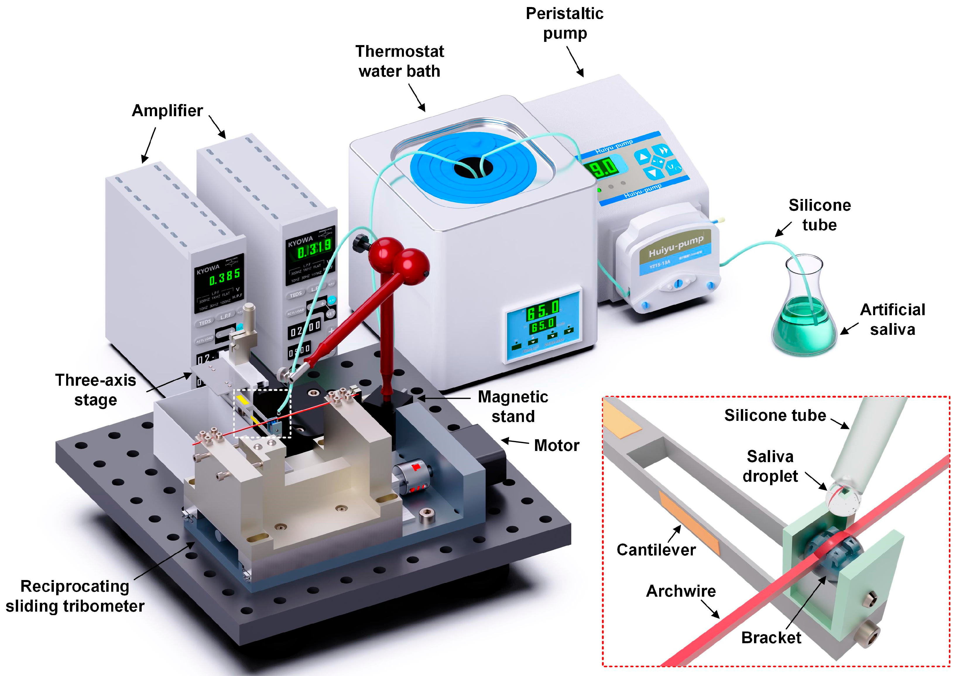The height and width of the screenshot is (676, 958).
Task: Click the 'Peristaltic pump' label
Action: pos(565,23)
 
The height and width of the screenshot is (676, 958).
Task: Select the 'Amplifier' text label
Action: pos(167,111)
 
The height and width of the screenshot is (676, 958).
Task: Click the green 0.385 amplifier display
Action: pos(224,276)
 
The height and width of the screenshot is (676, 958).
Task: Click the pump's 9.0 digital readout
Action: pos(603,168)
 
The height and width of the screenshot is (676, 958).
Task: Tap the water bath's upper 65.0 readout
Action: pos(542,310)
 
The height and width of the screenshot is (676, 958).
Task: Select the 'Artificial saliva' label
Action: pos(892,319)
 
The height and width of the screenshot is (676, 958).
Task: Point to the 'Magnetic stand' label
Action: pos(513,406)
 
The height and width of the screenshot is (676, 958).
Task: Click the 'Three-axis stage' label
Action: pos(95,390)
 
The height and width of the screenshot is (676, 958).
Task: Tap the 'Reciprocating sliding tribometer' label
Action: pos(75,596)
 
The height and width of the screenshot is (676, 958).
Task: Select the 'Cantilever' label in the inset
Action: pos(656,550)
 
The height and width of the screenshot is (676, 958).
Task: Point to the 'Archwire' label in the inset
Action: pos(681,591)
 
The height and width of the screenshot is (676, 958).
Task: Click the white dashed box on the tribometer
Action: pos(262,413)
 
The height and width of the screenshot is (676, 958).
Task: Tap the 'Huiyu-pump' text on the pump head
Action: pos(676,246)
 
